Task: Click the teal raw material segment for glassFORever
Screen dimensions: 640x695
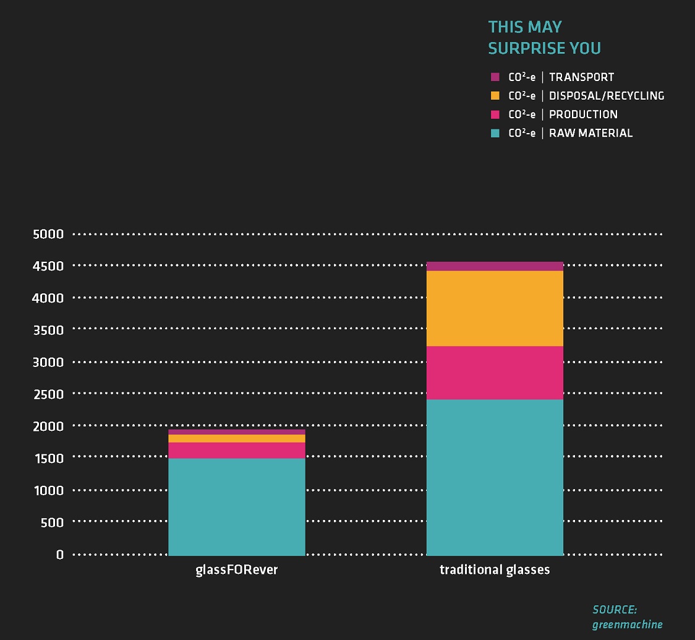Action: tap(237, 506)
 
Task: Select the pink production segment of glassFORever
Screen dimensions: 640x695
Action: tap(237, 450)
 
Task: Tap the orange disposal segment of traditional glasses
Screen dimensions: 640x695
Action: tap(495, 308)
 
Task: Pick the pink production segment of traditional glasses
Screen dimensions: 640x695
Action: tap(495, 373)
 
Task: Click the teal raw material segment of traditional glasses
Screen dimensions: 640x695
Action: tap(495, 477)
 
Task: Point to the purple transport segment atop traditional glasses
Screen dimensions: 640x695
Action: tap(495, 266)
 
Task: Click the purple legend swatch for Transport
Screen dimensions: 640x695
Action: tap(495, 77)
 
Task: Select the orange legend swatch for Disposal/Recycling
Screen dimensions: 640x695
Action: tap(495, 96)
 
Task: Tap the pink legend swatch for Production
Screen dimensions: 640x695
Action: tap(495, 115)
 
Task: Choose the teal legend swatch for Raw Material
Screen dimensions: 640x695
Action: tap(495, 133)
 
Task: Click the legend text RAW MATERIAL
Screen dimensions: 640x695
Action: tap(591, 133)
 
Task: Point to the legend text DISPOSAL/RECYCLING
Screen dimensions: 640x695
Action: tap(607, 96)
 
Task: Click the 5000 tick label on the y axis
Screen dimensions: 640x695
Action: tap(48, 234)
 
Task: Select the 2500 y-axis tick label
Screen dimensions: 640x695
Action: tap(48, 394)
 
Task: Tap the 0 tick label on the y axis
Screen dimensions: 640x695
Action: tap(60, 555)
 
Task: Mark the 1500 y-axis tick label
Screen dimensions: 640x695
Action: tap(48, 459)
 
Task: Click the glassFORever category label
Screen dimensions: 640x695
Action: tap(237, 570)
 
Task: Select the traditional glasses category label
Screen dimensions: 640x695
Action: tap(495, 569)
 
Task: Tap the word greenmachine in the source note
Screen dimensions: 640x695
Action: tap(627, 625)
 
